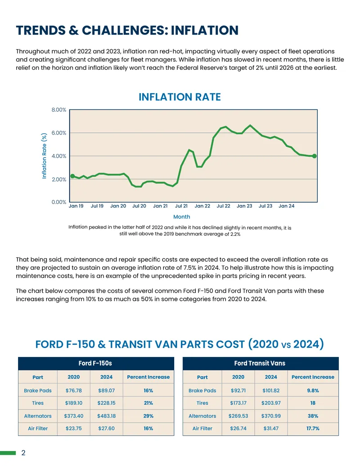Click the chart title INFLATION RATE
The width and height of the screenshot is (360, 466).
(180, 97)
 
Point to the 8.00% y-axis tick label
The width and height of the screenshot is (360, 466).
(59, 110)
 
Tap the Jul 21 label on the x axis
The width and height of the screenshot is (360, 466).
(181, 206)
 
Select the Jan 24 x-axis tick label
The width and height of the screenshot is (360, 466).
(286, 206)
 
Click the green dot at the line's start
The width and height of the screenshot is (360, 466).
(72, 176)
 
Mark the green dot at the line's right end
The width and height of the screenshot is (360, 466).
(315, 156)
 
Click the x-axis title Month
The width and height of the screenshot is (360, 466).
(181, 217)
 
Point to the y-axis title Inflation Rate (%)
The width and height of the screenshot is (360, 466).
(44, 156)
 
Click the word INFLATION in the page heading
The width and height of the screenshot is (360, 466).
(205, 30)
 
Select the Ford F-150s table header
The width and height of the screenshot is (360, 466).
(95, 363)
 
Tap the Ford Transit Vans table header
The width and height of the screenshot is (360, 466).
(260, 363)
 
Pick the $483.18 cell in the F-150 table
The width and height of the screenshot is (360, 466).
(106, 416)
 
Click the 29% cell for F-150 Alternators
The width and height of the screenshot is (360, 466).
(148, 416)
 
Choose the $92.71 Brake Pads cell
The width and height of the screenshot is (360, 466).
(238, 390)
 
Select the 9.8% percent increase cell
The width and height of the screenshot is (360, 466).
(313, 390)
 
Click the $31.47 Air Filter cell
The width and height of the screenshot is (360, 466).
(271, 428)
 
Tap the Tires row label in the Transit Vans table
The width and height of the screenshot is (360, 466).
(202, 403)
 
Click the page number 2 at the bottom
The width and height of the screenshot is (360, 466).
(23, 452)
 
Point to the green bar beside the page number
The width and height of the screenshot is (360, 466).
(8, 453)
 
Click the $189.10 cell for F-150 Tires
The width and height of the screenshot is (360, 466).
(74, 403)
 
